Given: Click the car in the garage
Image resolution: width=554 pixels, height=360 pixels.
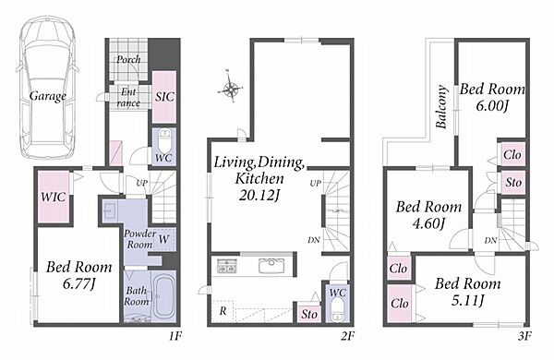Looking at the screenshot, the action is pos(48,88).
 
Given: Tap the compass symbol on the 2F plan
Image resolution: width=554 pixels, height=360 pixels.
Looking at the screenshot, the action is pos(230,87).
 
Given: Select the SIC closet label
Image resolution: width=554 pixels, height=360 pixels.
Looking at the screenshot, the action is pos(164,96).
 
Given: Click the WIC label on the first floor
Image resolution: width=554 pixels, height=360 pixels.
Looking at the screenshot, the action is pos(53,197).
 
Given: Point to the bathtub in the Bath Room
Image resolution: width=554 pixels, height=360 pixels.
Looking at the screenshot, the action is pos(163,295).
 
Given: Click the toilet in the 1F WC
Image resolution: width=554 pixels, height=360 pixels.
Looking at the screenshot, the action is pos(164,140).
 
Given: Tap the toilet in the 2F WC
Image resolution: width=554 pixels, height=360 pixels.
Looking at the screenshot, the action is pos(336,310).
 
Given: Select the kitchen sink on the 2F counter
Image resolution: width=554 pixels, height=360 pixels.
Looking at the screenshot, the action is pos(271,266).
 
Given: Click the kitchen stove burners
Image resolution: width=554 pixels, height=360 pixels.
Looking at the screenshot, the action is pos(227,266).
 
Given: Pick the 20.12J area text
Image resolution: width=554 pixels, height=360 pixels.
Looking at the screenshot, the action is pos(259,195).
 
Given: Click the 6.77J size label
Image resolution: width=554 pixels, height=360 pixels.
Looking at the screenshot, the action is pos(78,283).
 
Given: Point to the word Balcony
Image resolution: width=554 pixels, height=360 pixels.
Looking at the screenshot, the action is pos(441,106).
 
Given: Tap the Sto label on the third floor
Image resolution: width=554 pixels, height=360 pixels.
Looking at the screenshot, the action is pos(513,182).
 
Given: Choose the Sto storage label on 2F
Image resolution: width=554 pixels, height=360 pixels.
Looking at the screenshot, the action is pos(309,314).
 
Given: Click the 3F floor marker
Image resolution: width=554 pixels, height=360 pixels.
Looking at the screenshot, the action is pos(524,336).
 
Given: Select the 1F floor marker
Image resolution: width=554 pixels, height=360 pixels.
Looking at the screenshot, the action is pos(175,336).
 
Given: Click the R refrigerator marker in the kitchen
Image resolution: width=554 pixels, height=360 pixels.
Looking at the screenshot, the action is pos(223,311).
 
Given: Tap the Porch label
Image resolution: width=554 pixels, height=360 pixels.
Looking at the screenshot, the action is pos(128,59).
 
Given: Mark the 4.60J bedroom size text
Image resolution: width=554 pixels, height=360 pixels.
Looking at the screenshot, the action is pos(428,223).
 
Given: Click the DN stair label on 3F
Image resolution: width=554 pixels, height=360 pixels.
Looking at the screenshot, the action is pos(490,241).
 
